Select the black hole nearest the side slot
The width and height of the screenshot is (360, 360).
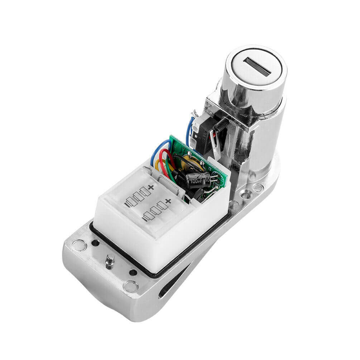point(133,273)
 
